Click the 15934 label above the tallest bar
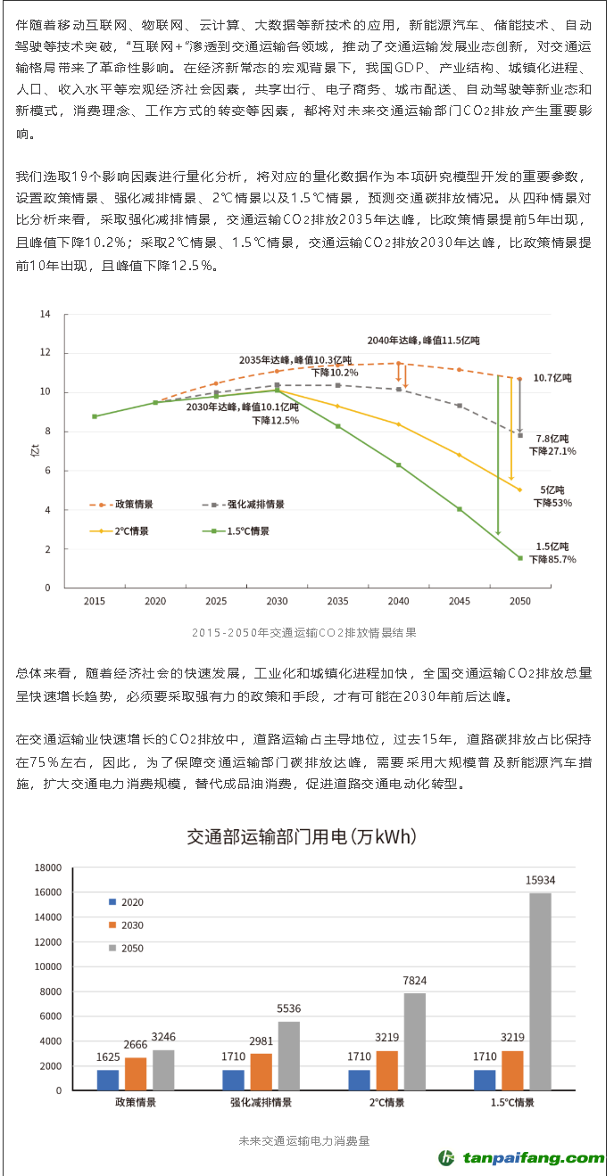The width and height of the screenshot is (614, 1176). click(541, 880)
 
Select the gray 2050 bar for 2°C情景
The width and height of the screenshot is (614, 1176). click(414, 1041)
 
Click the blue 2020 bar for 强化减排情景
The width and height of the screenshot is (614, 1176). click(233, 1080)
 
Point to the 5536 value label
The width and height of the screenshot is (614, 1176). click(288, 1008)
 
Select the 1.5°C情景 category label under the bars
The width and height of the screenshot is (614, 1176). click(512, 1103)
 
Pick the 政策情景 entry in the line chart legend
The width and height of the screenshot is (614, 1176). click(121, 504)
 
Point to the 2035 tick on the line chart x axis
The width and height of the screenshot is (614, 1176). click(337, 601)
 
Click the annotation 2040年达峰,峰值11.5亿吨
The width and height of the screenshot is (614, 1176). click(423, 341)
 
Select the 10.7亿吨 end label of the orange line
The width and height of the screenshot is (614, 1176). click(552, 378)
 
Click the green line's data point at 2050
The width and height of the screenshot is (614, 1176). click(519, 558)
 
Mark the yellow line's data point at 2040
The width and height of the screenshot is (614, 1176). click(398, 424)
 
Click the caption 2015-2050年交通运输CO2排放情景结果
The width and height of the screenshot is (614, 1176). click(303, 632)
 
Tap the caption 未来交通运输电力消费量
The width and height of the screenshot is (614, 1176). click(303, 1139)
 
